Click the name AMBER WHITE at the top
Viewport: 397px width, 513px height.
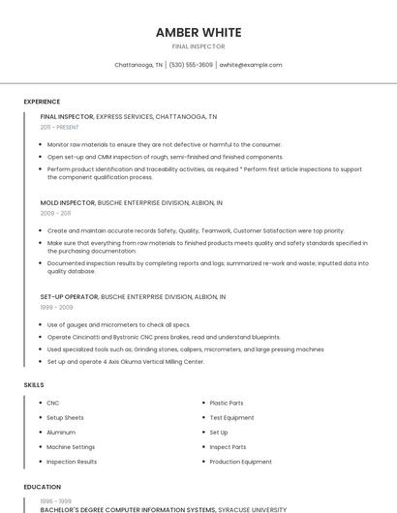198,32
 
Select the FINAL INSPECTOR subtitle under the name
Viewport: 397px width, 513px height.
198,46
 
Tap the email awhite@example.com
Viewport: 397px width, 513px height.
251,65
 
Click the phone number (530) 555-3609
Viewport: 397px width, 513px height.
191,65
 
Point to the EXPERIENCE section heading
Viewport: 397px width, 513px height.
42,102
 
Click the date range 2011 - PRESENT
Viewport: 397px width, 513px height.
59,127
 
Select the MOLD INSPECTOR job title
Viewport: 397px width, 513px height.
67,202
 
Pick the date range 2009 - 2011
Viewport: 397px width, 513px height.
55,213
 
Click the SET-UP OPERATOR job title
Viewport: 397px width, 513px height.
69,296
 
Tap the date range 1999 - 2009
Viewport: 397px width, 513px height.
56,307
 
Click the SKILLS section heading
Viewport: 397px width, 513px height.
34,385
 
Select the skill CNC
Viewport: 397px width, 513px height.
53,403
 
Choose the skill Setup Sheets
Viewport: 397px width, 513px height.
65,417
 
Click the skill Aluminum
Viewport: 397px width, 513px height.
61,432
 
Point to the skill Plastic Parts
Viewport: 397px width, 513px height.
227,403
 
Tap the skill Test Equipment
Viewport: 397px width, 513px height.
231,417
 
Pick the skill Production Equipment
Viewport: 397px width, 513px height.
240,462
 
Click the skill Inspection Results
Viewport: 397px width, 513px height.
72,462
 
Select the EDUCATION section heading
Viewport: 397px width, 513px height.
42,487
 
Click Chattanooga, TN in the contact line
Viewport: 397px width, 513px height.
138,65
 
